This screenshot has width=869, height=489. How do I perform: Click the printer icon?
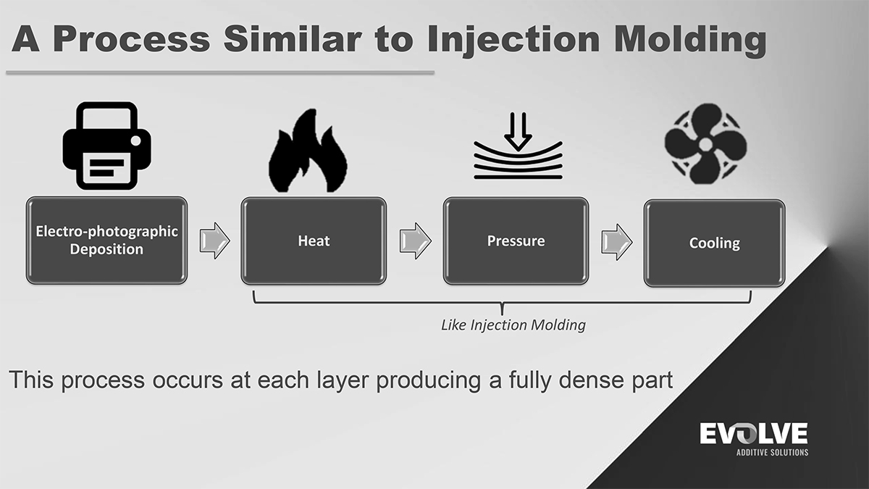(106, 146)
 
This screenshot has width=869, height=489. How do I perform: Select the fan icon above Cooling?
(705, 146)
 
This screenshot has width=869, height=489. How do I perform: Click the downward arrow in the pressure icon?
(517, 130)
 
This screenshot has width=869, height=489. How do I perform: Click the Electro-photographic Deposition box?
(106, 240)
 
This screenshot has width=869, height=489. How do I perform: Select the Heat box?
(314, 240)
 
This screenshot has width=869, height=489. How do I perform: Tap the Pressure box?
(516, 240)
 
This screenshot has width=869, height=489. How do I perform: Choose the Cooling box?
(714, 243)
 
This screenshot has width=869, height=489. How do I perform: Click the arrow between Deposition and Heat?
(214, 241)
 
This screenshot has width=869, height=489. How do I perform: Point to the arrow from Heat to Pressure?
(415, 241)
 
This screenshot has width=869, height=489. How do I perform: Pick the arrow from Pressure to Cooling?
(616, 241)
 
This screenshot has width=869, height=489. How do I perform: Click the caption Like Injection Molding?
(513, 325)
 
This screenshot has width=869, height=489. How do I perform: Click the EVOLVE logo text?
(753, 434)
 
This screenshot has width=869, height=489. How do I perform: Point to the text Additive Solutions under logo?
(772, 453)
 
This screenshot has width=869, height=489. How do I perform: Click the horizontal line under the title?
(219, 73)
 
